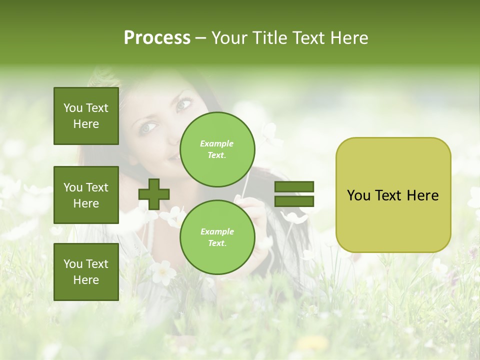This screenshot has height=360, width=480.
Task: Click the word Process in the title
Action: coord(157,38)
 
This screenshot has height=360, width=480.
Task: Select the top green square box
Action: coord(86,116)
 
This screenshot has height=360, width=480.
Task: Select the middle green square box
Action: coord(86,195)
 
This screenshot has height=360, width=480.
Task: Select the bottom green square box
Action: coord(86,271)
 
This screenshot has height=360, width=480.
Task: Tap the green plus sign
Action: coord(154,194)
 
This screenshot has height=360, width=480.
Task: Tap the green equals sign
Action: coord(294,194)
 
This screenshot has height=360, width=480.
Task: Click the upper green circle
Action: coord(217,149)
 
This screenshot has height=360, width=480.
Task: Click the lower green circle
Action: coord(217,237)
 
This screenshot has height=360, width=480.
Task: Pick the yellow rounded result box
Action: coord(393,195)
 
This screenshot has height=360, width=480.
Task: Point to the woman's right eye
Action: coord(148,128)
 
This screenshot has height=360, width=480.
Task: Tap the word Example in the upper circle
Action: coord(216,143)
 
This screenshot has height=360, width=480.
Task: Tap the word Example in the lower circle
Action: coord(217,231)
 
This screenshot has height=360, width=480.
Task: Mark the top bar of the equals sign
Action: coord(294,186)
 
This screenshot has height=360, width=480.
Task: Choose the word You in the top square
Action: coord(72,108)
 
